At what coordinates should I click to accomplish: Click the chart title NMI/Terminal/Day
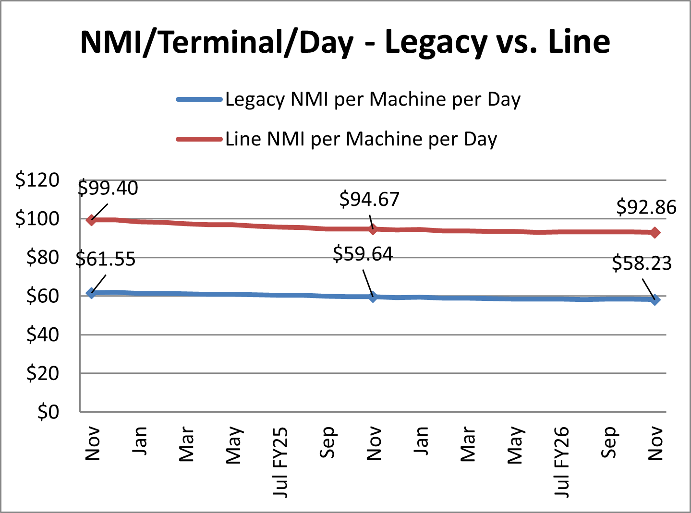click(345, 42)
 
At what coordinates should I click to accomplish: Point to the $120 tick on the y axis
click(37, 180)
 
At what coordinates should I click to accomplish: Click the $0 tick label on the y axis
click(48, 412)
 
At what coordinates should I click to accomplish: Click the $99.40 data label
click(108, 188)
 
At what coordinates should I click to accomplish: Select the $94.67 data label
click(369, 199)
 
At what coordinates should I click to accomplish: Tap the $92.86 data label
click(646, 207)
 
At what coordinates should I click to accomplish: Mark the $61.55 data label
click(106, 259)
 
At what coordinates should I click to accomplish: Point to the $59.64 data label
click(363, 254)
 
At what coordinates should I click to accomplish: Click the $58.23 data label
click(642, 263)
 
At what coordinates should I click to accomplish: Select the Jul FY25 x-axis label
click(280, 462)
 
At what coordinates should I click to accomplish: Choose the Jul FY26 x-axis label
click(561, 462)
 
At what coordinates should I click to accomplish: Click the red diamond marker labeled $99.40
click(91, 220)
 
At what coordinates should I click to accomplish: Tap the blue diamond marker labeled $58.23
click(655, 300)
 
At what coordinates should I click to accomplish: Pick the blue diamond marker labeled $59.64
click(373, 297)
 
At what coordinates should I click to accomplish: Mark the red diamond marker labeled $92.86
click(655, 233)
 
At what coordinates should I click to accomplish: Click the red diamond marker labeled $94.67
click(373, 229)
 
